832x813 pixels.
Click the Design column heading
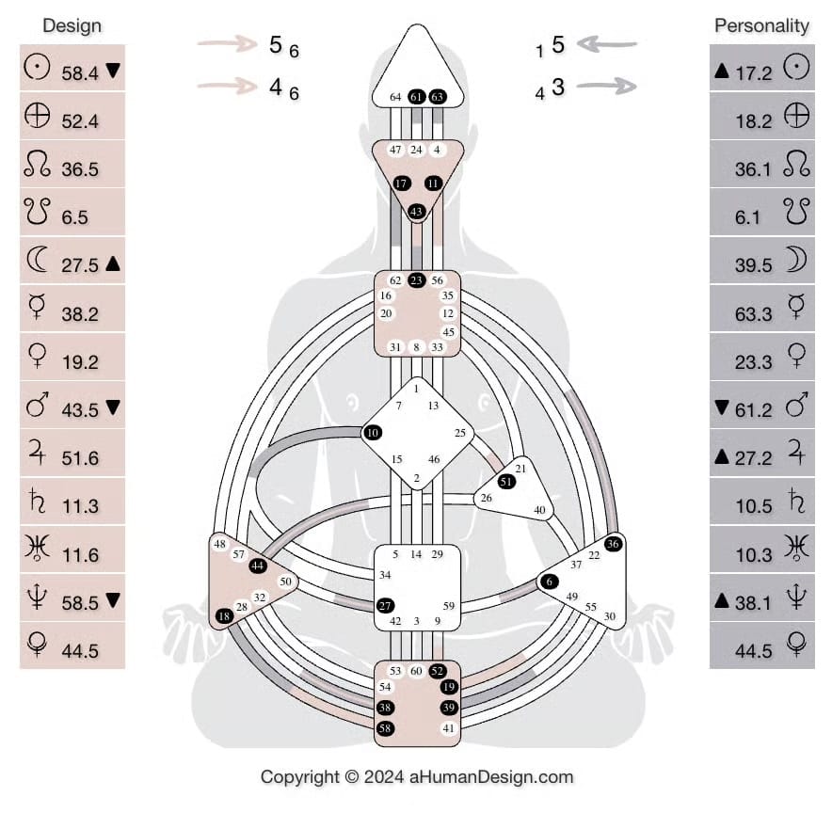[x=72, y=25]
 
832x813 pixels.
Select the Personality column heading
[x=761, y=25]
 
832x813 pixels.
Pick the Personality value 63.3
[x=753, y=313]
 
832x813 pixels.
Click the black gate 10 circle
[x=373, y=432]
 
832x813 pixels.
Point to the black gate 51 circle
[x=506, y=481]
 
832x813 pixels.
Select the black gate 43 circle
[x=417, y=212]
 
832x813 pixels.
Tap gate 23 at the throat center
[x=417, y=279]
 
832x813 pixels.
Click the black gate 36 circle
[x=613, y=543]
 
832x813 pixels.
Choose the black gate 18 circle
[x=223, y=616]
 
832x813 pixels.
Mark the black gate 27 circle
[x=385, y=605]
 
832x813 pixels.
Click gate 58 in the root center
[x=385, y=728]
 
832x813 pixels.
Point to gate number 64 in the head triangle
[x=395, y=97]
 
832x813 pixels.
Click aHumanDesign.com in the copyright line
[x=490, y=777]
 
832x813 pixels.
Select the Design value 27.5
[x=80, y=265]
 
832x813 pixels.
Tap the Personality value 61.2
[x=753, y=409]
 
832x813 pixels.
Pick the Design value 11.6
[x=80, y=555]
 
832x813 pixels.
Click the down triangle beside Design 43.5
[x=113, y=408]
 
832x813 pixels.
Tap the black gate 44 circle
[x=258, y=566]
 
